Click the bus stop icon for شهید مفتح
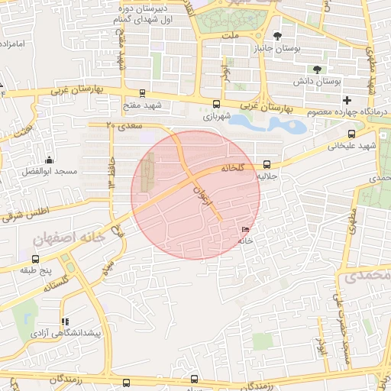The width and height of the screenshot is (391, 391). pyautogui.click(x=144, y=92)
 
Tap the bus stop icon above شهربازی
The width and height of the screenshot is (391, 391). pyautogui.click(x=216, y=104)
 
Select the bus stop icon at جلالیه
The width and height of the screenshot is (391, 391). pyautogui.click(x=267, y=164)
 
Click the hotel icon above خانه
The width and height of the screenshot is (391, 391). pyautogui.click(x=244, y=230)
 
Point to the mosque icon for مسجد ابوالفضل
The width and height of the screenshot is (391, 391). pyautogui.click(x=50, y=160)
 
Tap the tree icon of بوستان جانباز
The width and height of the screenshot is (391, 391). pyautogui.click(x=276, y=36)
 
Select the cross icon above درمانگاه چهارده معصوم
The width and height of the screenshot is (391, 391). pyautogui.click(x=347, y=100)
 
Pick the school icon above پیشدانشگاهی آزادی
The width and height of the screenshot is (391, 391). pyautogui.click(x=65, y=322)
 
